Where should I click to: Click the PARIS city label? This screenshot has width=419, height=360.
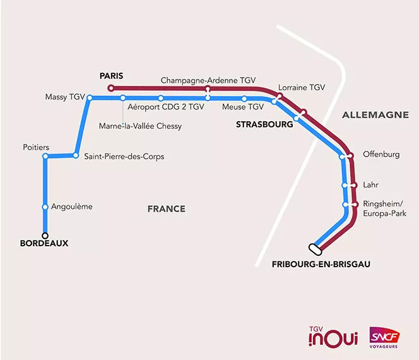click(x=111, y=76)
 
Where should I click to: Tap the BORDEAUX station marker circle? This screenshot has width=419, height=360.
click(x=45, y=236)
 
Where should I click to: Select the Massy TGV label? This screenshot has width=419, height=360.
click(x=64, y=97)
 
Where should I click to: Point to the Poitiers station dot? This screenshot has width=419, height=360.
click(x=45, y=157)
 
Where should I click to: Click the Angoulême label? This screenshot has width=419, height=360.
click(x=71, y=207)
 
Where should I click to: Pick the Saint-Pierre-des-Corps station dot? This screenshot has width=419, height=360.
click(x=76, y=155)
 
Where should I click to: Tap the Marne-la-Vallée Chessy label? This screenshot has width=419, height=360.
click(x=140, y=126)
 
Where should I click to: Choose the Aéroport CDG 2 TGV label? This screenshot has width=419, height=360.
click(x=166, y=107)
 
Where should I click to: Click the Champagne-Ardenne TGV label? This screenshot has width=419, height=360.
click(x=208, y=81)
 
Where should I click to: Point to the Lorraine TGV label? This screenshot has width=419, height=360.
click(x=301, y=88)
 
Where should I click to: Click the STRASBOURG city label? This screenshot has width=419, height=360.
click(x=264, y=125)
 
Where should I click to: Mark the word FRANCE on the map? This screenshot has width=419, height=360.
click(x=166, y=209)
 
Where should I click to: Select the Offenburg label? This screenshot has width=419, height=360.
click(x=381, y=154)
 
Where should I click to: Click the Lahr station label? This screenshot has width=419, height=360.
click(x=372, y=185)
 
